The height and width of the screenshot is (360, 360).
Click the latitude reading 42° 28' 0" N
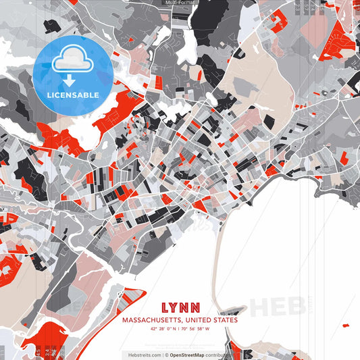[163, 329]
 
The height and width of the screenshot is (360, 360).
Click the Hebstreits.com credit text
[144, 354]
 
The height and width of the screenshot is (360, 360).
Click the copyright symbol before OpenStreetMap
[166, 354]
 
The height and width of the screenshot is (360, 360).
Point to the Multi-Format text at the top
[179, 3]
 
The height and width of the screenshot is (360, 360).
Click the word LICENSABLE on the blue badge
[73, 95]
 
